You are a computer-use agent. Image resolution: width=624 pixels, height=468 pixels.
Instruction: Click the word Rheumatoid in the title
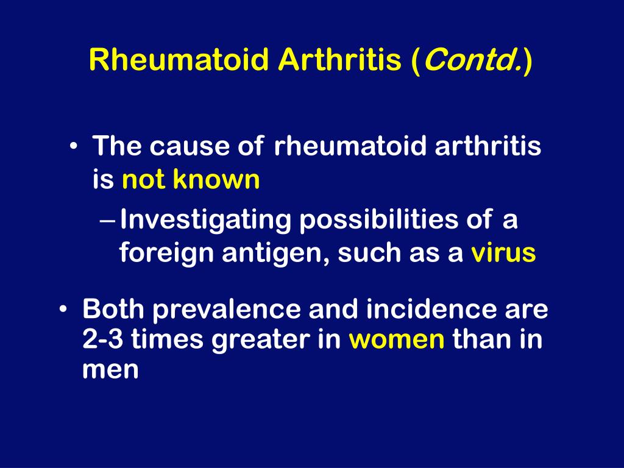[179, 60]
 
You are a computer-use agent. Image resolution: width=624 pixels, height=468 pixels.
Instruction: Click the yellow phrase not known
[191, 180]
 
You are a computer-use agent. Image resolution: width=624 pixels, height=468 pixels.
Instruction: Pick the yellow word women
[397, 339]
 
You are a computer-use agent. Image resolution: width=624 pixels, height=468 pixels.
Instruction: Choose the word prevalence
[227, 310]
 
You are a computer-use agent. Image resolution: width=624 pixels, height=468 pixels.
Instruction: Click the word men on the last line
[110, 370]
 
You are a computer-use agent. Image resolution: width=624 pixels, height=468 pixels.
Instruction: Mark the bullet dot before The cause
[74, 147]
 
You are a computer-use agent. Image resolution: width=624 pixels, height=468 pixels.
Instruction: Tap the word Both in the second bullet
[113, 310]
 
